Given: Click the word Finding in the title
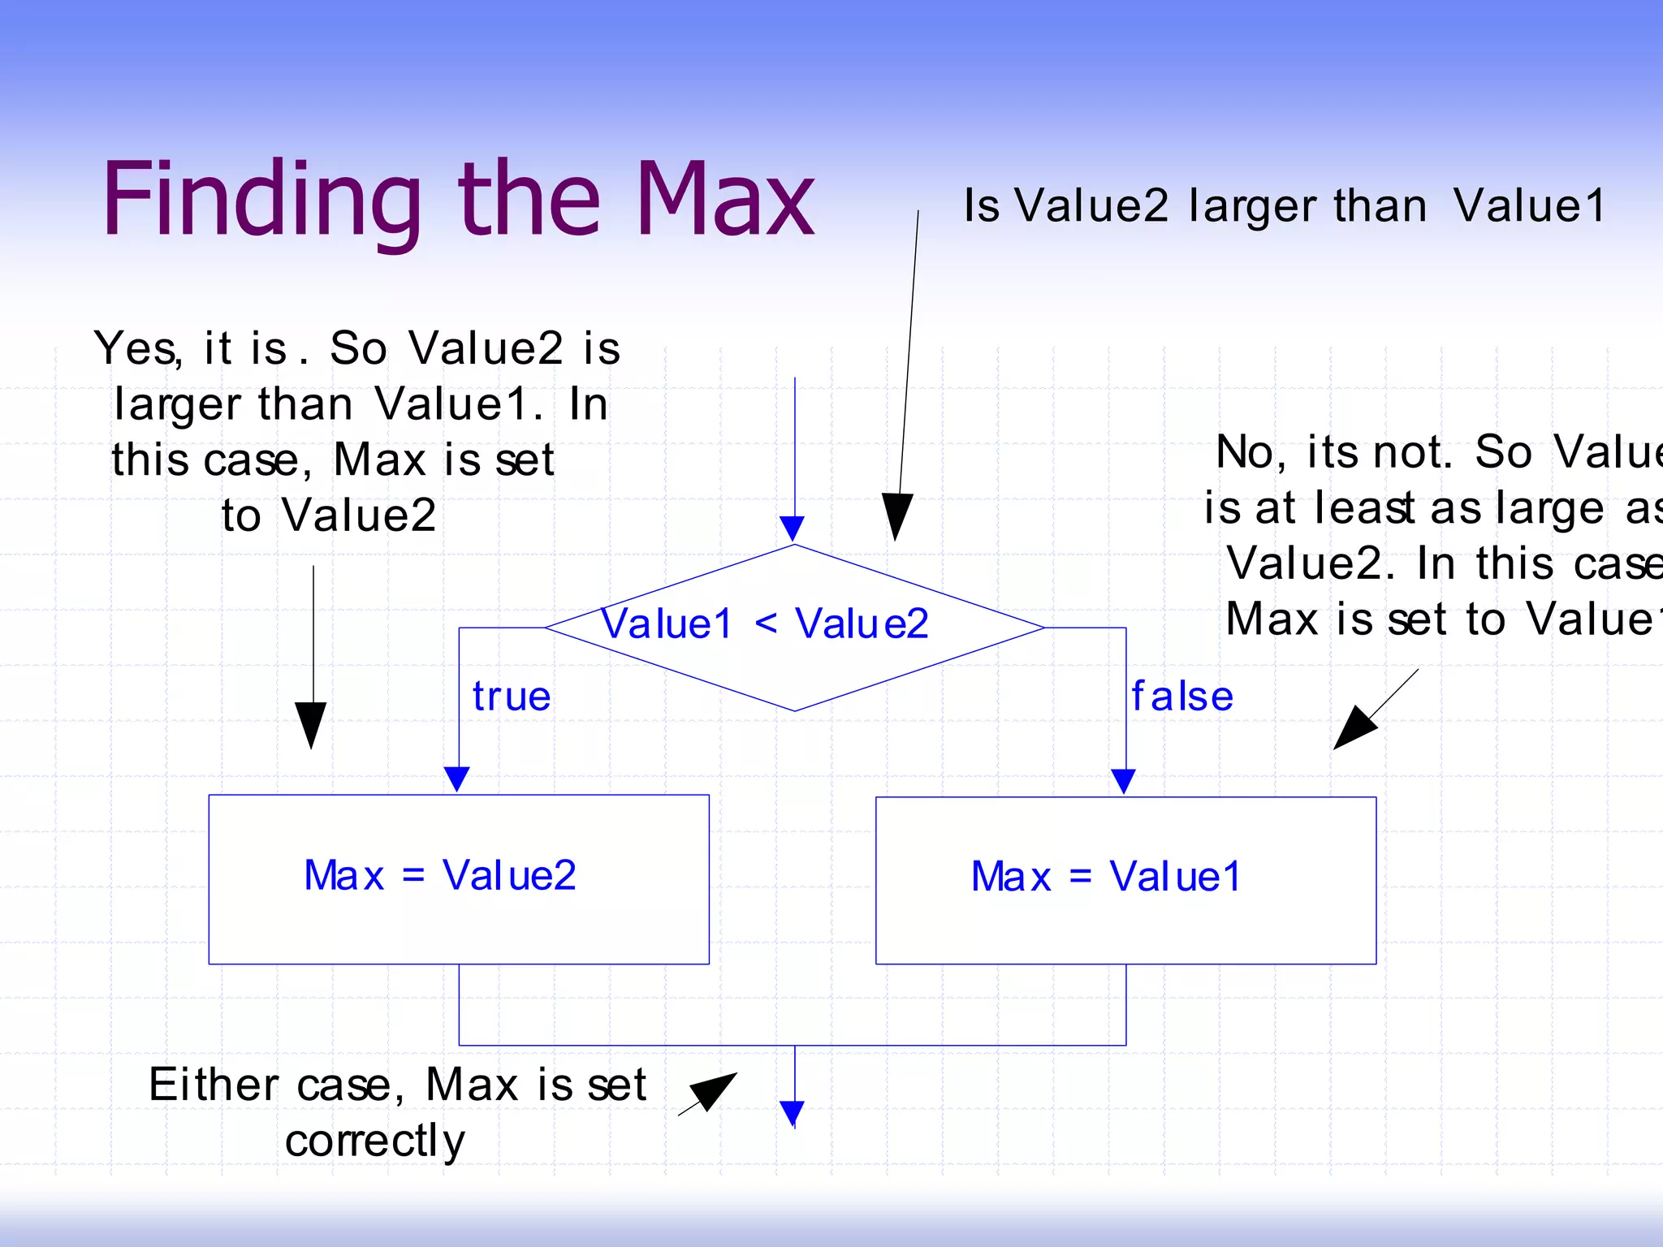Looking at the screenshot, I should click(x=260, y=199).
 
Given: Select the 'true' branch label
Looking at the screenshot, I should click(x=512, y=697).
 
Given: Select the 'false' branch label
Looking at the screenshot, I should click(x=1182, y=697).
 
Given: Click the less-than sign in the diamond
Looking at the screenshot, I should click(x=765, y=623).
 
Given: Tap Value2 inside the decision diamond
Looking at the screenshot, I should click(x=862, y=623).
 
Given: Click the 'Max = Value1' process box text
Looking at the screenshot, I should click(x=1106, y=877).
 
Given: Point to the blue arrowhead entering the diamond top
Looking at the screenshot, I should click(x=793, y=528).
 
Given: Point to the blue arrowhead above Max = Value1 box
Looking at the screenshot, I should click(x=1123, y=780).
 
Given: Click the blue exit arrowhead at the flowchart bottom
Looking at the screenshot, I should click(x=793, y=1112).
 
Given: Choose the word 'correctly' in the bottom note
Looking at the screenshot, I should click(x=375, y=1141).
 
